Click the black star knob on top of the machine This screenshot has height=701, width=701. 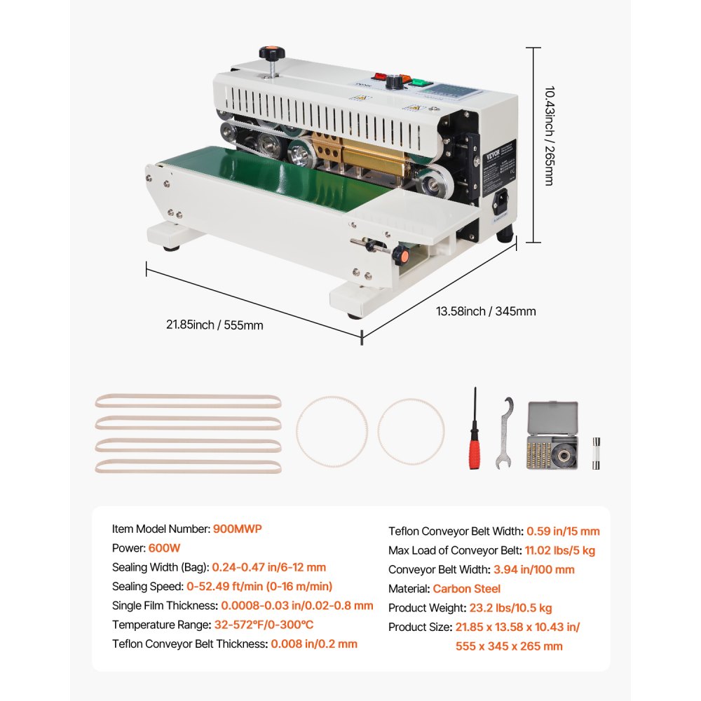point(267,53)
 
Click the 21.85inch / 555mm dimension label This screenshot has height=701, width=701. point(215,325)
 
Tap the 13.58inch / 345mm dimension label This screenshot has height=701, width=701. point(487,311)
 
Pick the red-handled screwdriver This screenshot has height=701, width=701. point(475,431)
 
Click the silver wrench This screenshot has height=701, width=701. point(505,432)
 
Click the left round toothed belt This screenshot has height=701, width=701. point(332,431)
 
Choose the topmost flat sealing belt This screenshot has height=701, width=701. point(188,402)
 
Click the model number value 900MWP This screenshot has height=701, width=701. point(237,529)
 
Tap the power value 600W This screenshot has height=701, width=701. point(158,547)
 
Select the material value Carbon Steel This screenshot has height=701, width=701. point(466,589)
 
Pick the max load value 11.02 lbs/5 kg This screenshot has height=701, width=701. point(560,550)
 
